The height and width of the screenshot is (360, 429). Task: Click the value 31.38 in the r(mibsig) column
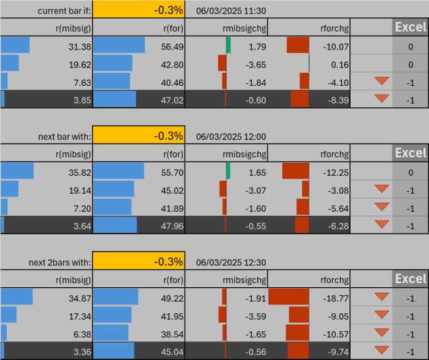pos(80,47)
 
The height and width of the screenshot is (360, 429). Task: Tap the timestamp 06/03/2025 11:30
pos(231,11)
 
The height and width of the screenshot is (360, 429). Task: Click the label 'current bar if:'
pos(64,11)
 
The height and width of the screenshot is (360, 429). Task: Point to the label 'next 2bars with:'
pos(60,262)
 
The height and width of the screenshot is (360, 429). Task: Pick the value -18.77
pos(336,298)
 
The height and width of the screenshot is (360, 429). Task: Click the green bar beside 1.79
pos(229,45)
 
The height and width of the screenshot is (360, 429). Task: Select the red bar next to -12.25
pos(295,171)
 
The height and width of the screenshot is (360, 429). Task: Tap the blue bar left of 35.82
pos(17,171)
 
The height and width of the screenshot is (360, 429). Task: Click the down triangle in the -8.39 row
pos(382,98)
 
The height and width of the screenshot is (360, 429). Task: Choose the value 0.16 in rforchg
pos(340,65)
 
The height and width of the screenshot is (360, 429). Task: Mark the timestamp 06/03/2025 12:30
pos(231,262)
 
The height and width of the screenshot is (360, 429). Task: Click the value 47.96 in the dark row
pos(172,227)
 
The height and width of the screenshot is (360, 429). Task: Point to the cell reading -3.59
pos(255,317)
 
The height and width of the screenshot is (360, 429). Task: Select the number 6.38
pos(82,335)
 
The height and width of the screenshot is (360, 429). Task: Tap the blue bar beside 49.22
pos(116,297)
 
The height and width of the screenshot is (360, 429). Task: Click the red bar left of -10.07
pos(298,45)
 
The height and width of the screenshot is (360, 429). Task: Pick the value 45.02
pos(172,190)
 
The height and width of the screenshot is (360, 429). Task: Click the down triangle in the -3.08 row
pos(382,189)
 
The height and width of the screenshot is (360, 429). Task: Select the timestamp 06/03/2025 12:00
pos(231,137)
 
